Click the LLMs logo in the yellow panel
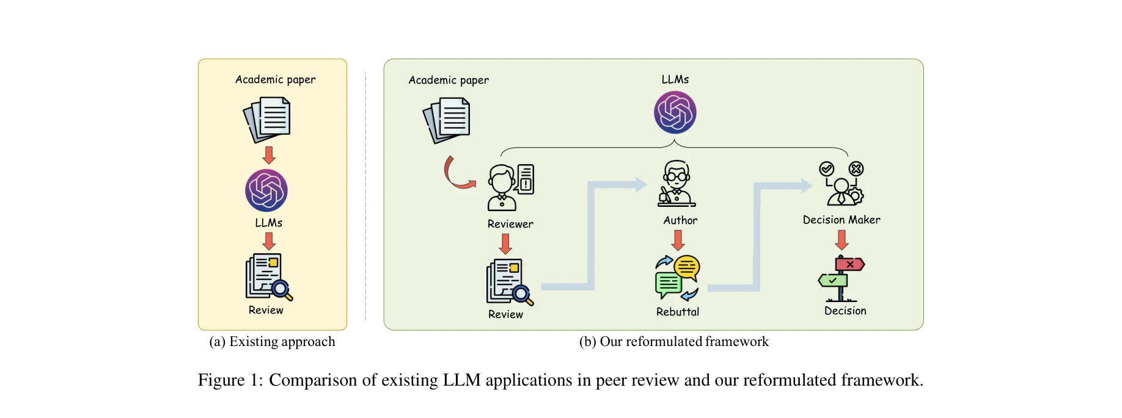[266, 190]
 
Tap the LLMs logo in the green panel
[675, 112]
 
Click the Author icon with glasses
[676, 184]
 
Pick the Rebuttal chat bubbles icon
[677, 278]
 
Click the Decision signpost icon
[842, 278]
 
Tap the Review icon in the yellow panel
[268, 276]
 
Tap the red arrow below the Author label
[678, 240]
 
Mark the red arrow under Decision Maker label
[842, 240]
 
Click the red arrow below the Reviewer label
[505, 244]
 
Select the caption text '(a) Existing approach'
[272, 342]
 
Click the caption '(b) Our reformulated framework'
[673, 342]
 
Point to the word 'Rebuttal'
[678, 312]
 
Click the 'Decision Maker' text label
[842, 220]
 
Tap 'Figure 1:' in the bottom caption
[230, 380]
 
